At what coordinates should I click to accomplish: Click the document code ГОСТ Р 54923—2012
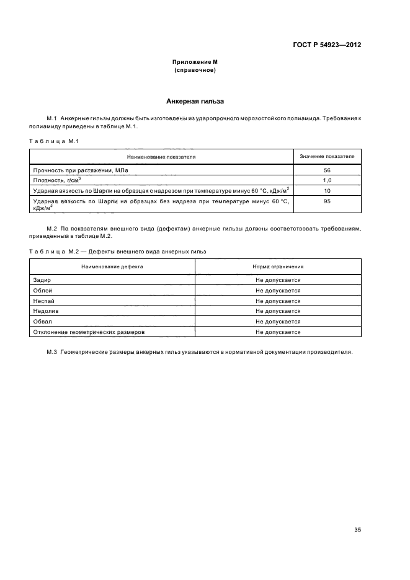(327, 45)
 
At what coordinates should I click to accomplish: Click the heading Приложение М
(195, 63)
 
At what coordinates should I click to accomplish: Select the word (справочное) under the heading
(195, 70)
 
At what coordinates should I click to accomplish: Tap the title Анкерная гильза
(195, 101)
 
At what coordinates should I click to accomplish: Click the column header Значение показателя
(327, 157)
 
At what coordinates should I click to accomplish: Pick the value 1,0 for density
(327, 180)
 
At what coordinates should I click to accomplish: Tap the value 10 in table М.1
(327, 190)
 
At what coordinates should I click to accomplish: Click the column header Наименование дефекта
(112, 266)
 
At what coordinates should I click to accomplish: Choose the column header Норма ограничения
(278, 266)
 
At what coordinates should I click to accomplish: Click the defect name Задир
(42, 280)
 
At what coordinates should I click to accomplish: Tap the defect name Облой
(42, 291)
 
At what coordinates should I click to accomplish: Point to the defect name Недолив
(45, 311)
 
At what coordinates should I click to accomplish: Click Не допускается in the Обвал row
(278, 322)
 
